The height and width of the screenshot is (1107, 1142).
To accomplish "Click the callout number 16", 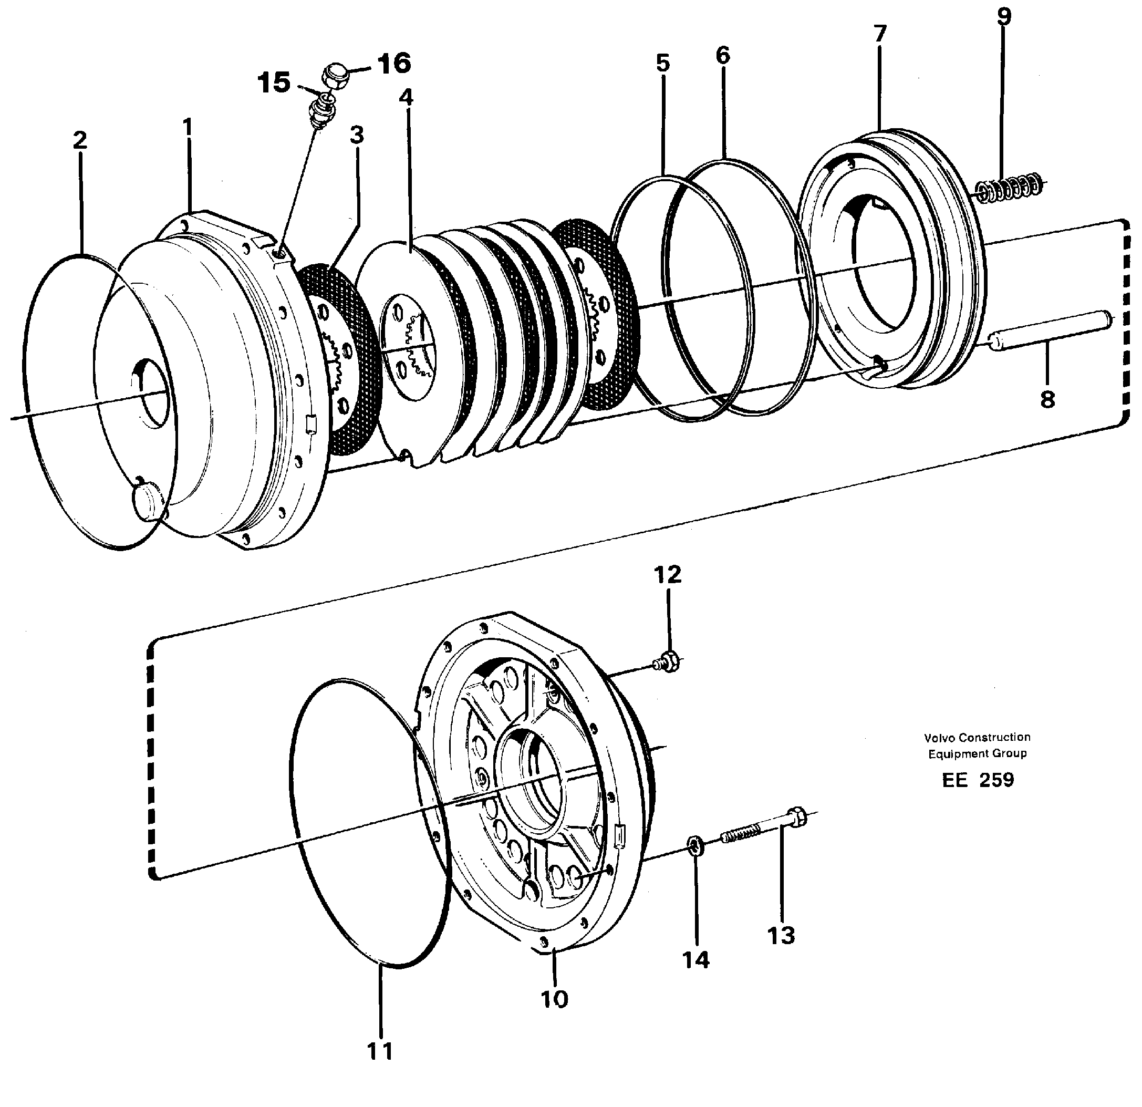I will (394, 64).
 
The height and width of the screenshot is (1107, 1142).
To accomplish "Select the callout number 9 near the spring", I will (1004, 16).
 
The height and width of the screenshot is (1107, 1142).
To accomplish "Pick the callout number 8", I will (1047, 400).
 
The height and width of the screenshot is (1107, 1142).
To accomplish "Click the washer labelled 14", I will (695, 844).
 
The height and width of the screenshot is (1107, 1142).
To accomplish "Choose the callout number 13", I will (781, 936).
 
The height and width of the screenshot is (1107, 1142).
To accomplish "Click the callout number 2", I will (80, 140).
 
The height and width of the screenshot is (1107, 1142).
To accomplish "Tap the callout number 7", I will (880, 34).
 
